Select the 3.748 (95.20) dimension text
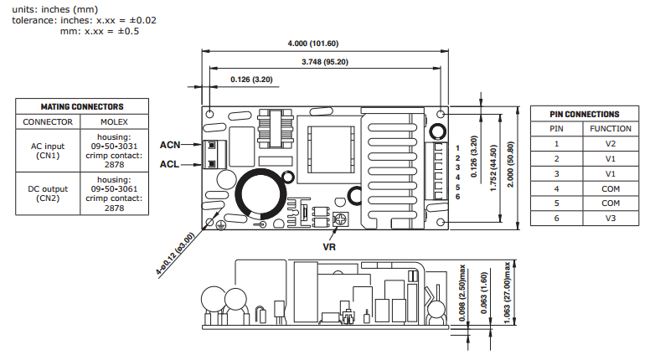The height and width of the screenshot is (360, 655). (325, 61)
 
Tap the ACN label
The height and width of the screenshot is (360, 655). (170, 144)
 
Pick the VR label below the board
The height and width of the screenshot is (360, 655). (330, 248)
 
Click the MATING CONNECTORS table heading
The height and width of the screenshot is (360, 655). (82, 107)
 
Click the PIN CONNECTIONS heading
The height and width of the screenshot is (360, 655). (585, 114)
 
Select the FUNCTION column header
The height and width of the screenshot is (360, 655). (610, 129)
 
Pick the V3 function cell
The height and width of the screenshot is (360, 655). (610, 219)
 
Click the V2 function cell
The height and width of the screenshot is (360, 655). (610, 143)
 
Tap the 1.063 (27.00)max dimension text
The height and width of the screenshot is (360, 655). (508, 298)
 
